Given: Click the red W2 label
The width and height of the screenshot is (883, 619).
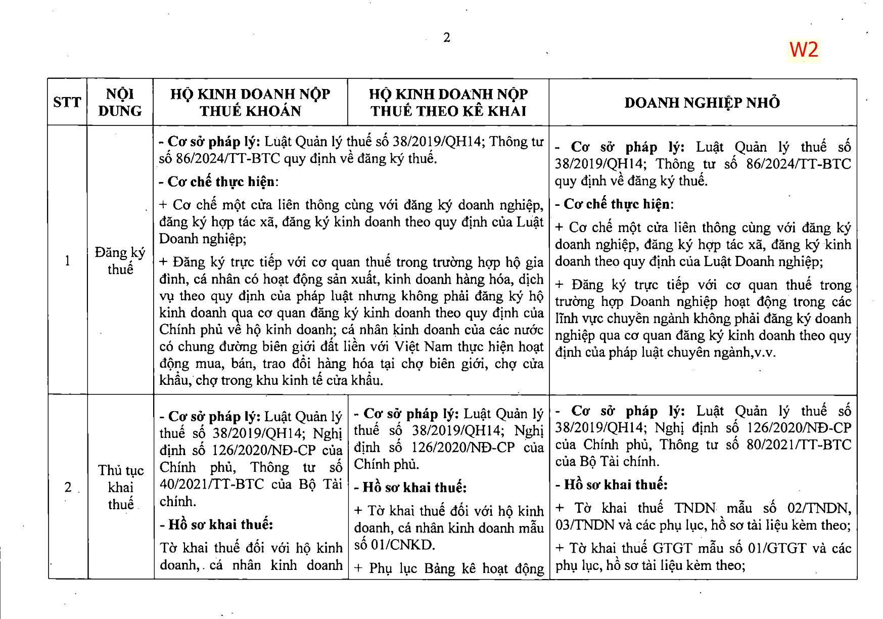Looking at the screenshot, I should (x=804, y=50).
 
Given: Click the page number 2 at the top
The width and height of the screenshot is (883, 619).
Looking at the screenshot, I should (x=446, y=37).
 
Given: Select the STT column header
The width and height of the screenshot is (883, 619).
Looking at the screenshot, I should (x=67, y=102).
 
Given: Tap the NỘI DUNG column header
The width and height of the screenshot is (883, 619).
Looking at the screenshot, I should (x=120, y=102).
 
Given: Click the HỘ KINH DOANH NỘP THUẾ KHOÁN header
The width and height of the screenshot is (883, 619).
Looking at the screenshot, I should (x=250, y=102).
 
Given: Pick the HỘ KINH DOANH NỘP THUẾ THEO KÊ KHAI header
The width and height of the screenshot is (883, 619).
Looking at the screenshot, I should (x=448, y=102).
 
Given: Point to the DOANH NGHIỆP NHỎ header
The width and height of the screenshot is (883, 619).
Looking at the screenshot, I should (x=702, y=103).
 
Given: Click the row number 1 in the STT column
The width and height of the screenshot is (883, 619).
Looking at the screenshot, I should (x=67, y=261).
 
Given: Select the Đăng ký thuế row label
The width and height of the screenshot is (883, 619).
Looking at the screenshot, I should (x=120, y=261).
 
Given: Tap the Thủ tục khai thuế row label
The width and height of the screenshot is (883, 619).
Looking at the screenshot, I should (x=120, y=488).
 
